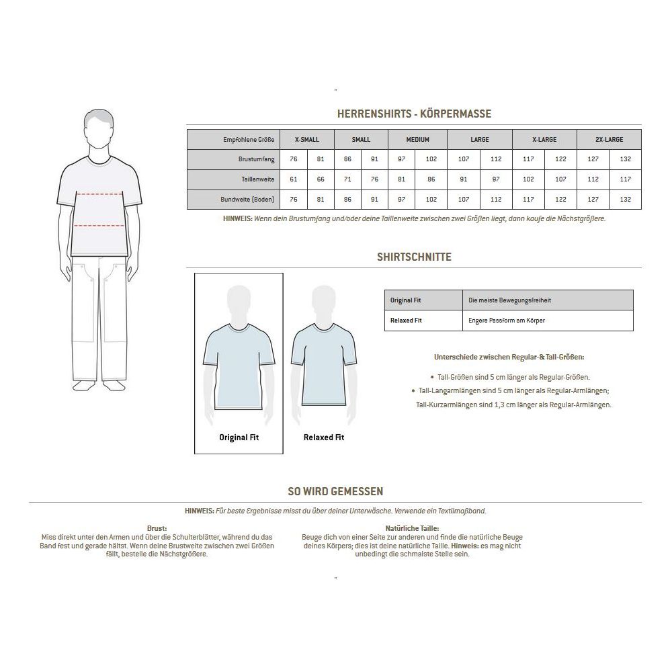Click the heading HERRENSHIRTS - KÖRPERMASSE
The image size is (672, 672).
(x=414, y=114)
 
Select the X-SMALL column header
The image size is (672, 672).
(x=306, y=140)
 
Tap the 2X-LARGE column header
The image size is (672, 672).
(x=609, y=140)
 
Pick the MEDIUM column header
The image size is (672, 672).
(x=417, y=140)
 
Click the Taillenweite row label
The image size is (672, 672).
(x=257, y=179)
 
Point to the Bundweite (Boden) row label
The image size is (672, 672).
(x=247, y=200)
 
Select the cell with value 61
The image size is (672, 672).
(x=293, y=179)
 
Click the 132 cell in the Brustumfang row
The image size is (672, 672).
(x=625, y=159)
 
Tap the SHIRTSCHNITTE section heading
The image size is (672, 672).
(x=414, y=257)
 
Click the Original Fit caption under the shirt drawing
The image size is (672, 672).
(x=239, y=437)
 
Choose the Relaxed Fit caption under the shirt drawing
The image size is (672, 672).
(x=323, y=437)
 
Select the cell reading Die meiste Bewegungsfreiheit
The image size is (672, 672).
(x=509, y=300)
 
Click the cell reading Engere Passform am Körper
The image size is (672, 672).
(x=507, y=321)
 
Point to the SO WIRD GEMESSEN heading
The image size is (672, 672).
(x=335, y=492)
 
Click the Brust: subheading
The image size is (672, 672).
(x=156, y=529)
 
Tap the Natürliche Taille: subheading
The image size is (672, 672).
(x=412, y=529)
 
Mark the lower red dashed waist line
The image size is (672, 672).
(x=99, y=226)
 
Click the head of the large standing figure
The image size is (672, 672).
(x=99, y=128)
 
